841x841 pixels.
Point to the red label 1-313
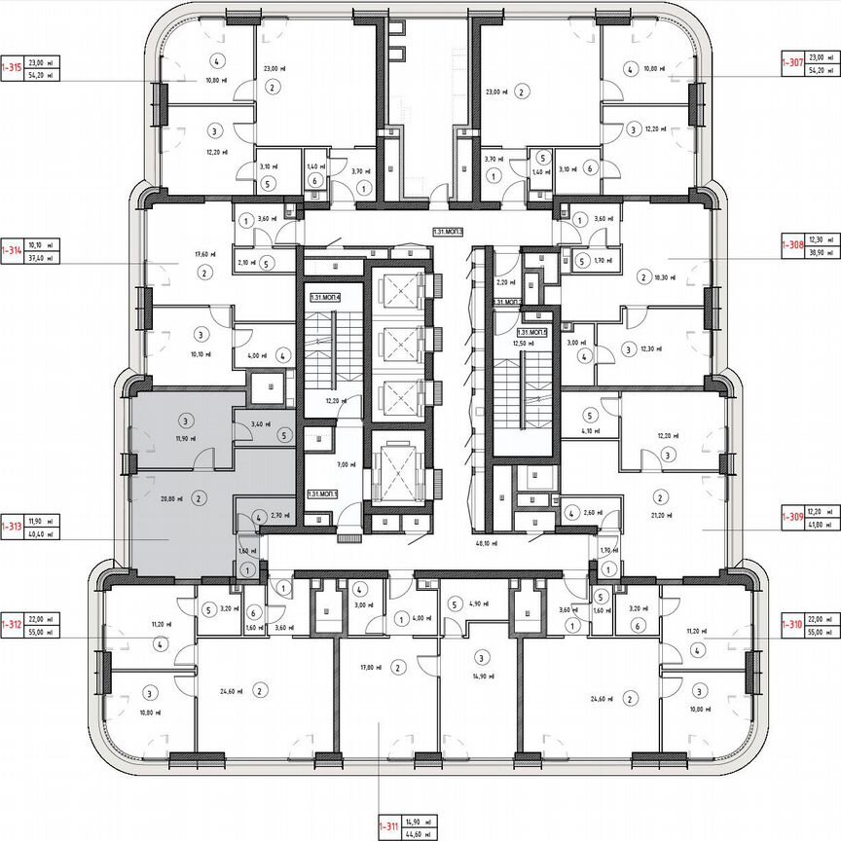[x=12, y=527]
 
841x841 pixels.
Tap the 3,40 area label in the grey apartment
[x=261, y=423]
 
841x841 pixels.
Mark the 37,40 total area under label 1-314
[x=42, y=258]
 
